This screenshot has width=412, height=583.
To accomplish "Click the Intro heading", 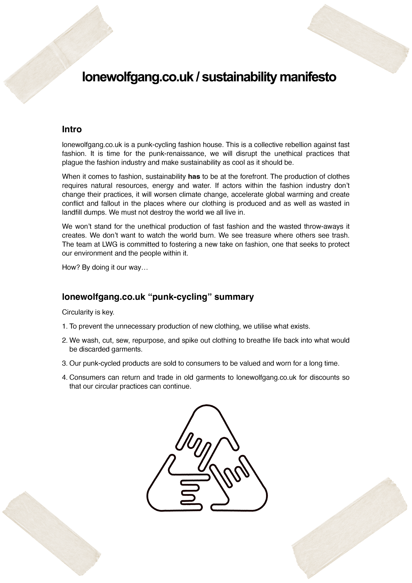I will coord(72,129).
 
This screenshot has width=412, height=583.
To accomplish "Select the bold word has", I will coord(194,176).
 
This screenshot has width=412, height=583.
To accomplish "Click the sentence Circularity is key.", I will coord(88,312).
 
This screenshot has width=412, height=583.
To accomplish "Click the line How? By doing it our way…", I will coord(105,268).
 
